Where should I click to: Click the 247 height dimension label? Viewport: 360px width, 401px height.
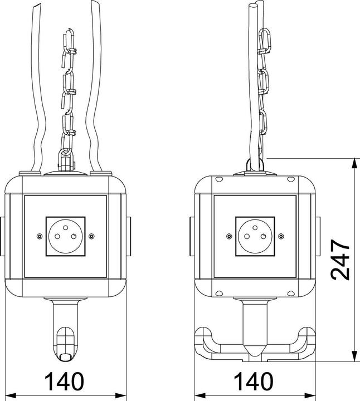pos(340,260)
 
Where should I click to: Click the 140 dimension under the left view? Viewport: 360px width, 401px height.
pos(64,382)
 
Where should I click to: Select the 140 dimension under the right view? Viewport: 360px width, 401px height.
pos(254,382)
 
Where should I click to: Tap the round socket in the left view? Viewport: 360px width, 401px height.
pos(66,236)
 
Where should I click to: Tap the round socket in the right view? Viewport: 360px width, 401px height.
pos(255,236)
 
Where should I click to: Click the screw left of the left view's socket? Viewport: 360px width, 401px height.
pos(39,236)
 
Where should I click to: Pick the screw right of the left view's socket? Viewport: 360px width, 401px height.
pos(91,236)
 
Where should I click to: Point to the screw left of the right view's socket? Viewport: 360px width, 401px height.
pos(229,236)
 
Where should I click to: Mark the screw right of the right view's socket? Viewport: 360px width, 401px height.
pos(281,236)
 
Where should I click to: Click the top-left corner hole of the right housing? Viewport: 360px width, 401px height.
pos(219,179)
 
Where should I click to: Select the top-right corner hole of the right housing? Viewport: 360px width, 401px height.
pos(291,179)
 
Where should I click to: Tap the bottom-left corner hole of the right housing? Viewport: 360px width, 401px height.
pos(219,294)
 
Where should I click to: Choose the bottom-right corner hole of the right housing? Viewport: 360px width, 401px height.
pos(291,294)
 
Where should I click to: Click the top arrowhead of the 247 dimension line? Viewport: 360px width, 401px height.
pos(354,163)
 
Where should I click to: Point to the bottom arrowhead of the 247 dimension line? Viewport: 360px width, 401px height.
pos(354,357)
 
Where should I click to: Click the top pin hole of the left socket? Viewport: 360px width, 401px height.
pos(66,227)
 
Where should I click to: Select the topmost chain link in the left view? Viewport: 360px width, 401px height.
pos(69,41)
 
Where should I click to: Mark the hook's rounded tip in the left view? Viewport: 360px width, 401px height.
pos(66,357)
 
